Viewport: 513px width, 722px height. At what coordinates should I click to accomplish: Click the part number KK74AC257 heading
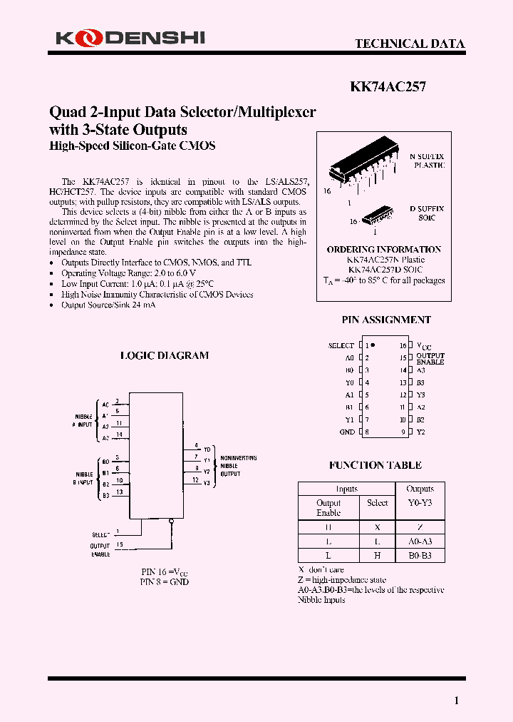pos(388,87)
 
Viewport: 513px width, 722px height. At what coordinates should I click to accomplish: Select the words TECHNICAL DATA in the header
pos(410,44)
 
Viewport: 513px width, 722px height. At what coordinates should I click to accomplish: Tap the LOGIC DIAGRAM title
pos(164,355)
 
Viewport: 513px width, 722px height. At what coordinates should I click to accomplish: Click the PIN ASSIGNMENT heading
pos(386,320)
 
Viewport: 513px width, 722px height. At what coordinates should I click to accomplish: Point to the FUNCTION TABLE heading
pos(375,465)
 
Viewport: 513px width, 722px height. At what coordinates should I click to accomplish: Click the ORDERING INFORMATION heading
pos(384,250)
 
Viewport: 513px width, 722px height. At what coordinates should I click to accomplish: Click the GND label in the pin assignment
pos(347,432)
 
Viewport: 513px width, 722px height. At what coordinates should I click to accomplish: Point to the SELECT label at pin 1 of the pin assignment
pos(341,345)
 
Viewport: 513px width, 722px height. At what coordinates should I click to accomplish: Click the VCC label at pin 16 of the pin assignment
pos(423,345)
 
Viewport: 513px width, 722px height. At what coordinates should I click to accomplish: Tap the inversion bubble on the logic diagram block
pos(171,522)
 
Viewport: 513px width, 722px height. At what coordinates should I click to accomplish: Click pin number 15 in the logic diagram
pos(119,545)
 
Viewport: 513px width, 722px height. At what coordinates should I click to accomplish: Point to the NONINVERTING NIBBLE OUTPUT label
pos(239,465)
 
